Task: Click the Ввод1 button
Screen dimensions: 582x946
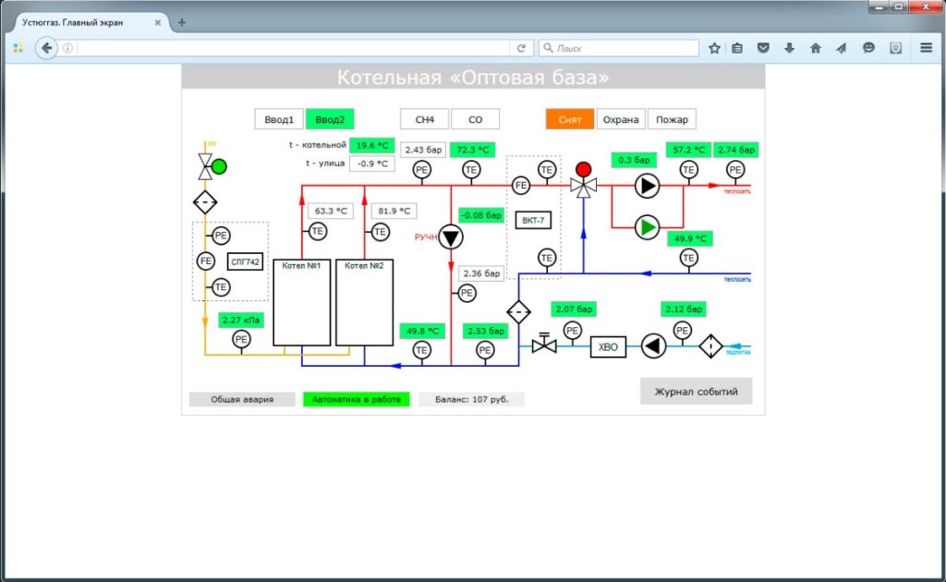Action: pos(278,119)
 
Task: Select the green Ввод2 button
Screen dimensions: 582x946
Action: pos(330,119)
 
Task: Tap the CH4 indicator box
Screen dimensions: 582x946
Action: pos(424,119)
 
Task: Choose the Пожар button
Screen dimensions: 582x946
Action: pos(672,119)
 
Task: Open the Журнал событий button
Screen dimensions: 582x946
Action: pos(696,391)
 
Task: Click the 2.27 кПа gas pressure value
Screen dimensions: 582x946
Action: pos(241,321)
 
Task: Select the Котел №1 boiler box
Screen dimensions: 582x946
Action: pos(302,302)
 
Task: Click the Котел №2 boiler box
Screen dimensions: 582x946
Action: pos(364,302)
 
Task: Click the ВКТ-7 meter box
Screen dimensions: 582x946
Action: pos(533,221)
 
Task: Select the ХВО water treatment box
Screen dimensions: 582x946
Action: pos(609,346)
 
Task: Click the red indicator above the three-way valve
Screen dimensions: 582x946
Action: pos(583,169)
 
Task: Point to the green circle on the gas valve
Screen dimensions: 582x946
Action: pos(219,167)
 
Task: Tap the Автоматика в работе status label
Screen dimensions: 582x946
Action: pos(356,400)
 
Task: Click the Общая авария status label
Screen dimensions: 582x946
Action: pos(242,400)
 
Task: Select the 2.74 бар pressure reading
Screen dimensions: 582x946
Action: pos(735,150)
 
